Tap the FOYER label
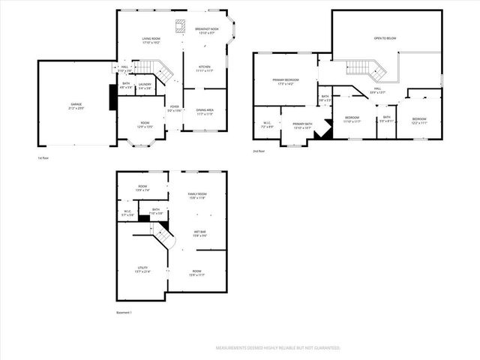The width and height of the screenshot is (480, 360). click(174, 109)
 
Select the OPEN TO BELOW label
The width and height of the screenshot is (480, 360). click(385, 37)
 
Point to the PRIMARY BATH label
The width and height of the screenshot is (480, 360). click(303, 125)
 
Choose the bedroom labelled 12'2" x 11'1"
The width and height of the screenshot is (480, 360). click(418, 120)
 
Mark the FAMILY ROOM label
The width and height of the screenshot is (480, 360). click(197, 196)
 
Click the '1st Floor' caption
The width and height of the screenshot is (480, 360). click(43, 158)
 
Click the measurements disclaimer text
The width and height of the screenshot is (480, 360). click(277, 348)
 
